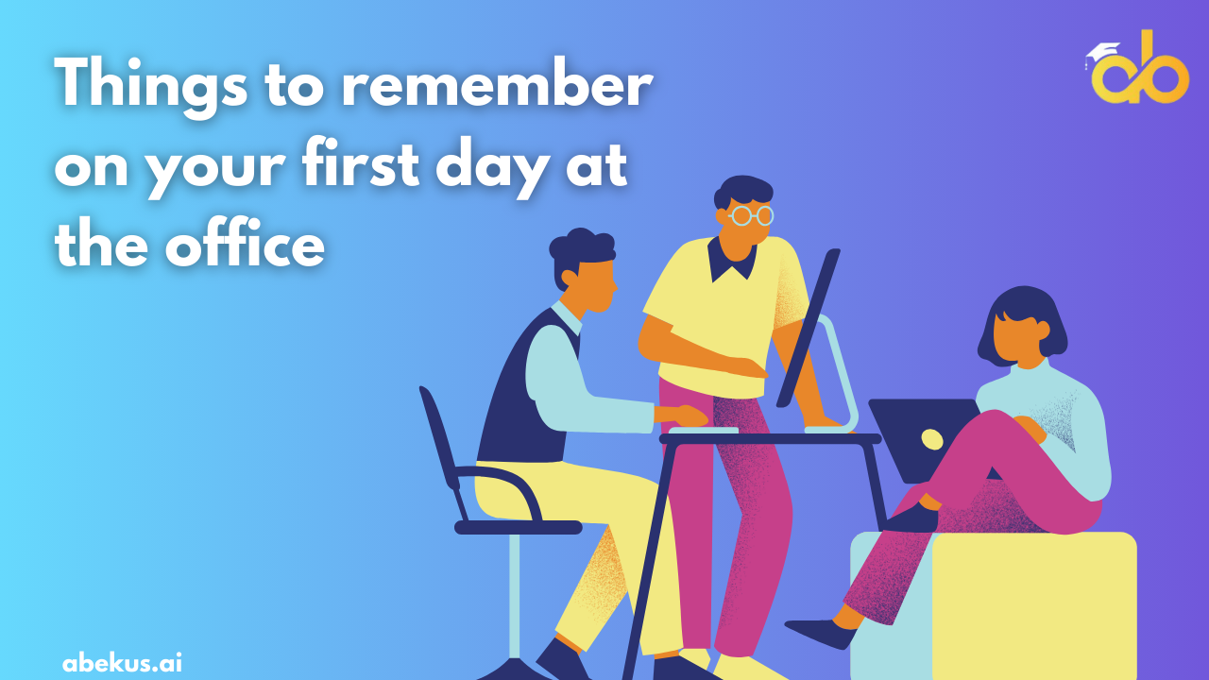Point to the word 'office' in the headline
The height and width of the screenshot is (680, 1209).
(245, 242)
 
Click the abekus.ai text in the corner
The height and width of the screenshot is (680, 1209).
(122, 662)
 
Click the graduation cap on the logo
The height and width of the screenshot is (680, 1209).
(1101, 53)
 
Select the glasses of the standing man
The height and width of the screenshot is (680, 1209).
(750, 215)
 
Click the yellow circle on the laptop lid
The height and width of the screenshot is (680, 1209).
(931, 439)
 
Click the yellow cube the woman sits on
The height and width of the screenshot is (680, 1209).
(1034, 604)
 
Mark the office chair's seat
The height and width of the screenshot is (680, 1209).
(519, 527)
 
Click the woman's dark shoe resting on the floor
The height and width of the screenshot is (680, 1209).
(821, 633)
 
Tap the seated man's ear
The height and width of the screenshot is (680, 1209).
(569, 279)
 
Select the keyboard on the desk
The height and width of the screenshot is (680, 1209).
(704, 430)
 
